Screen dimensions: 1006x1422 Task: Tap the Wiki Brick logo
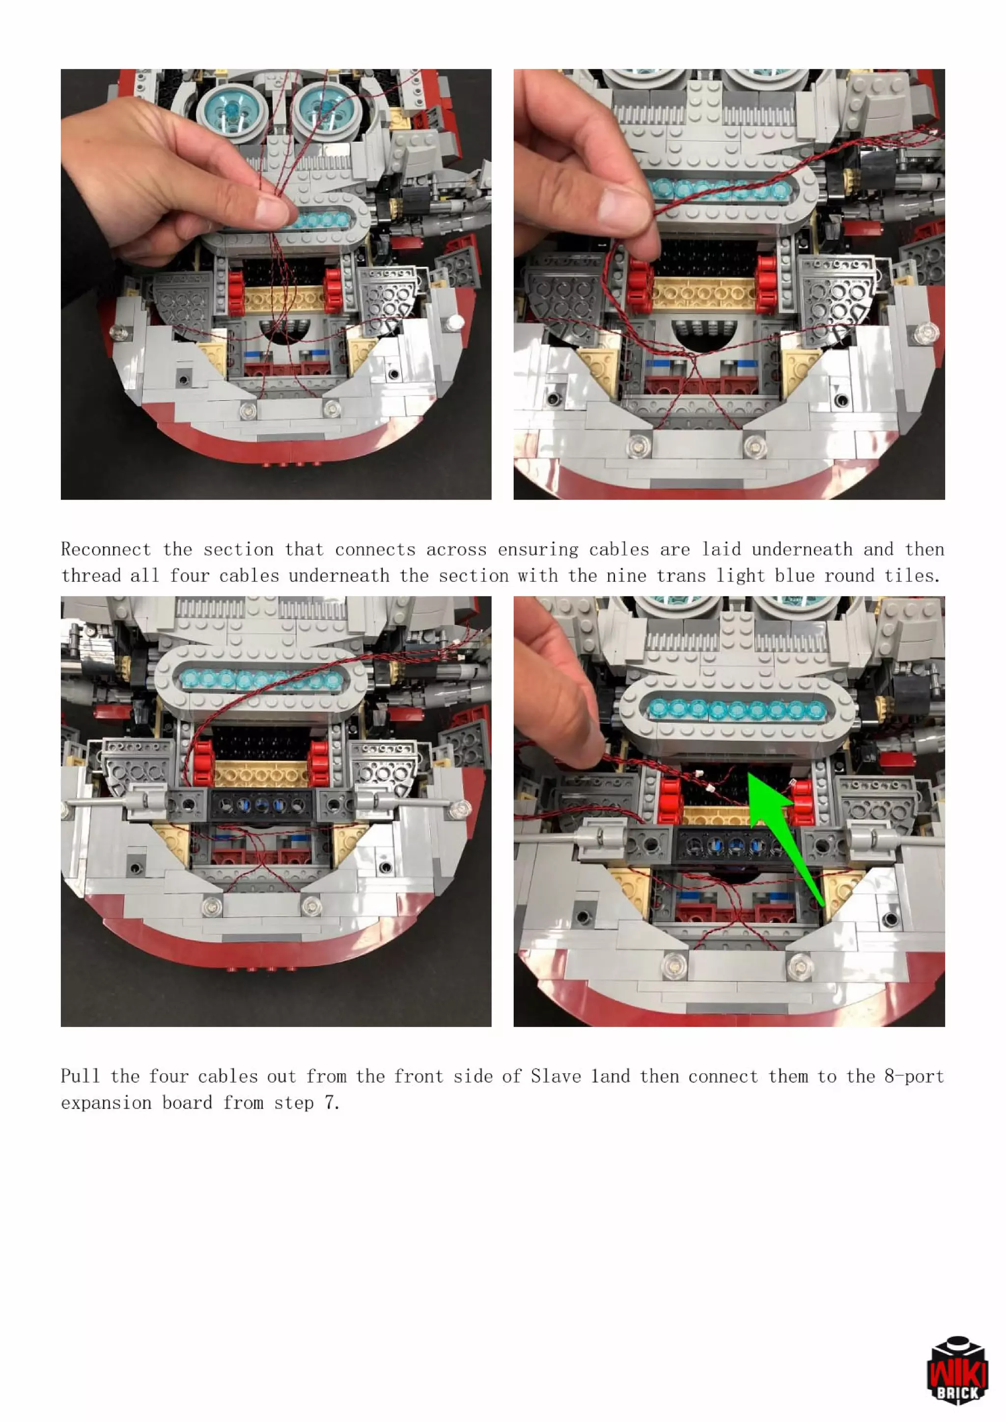point(957,1369)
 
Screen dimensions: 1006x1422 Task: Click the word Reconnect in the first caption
point(106,549)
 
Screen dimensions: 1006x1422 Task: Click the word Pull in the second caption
point(80,1076)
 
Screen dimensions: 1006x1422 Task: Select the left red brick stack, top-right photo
point(641,285)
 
